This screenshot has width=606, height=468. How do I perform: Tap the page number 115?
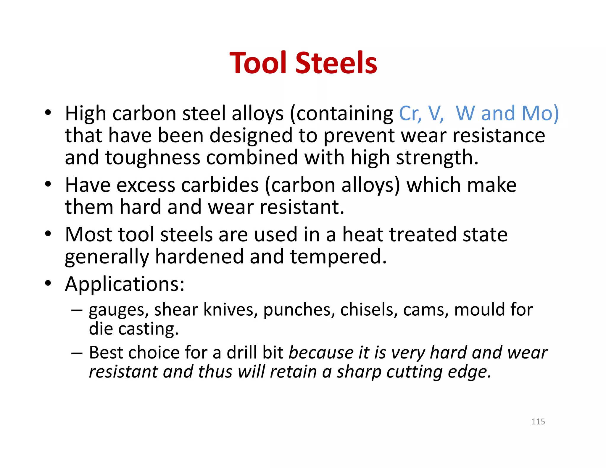(x=538, y=422)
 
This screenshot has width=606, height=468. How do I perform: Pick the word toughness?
(x=152, y=157)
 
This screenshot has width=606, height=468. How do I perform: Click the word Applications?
(x=125, y=284)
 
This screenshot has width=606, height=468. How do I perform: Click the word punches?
(x=299, y=310)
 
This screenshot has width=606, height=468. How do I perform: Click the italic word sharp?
(x=359, y=372)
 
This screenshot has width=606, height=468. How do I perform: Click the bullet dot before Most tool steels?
(x=48, y=234)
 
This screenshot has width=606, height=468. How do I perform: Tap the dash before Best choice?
(x=77, y=353)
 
